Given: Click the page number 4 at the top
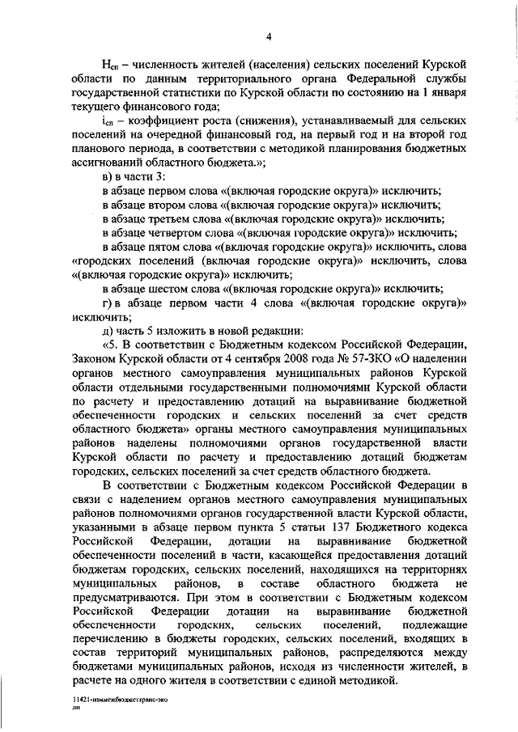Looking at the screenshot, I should (269, 35).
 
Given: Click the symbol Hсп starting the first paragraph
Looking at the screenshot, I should (110, 64).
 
